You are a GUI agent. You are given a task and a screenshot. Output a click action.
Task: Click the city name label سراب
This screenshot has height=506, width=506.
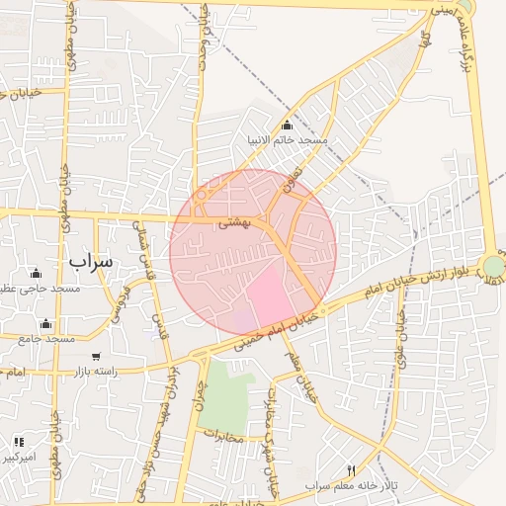tap(91, 260)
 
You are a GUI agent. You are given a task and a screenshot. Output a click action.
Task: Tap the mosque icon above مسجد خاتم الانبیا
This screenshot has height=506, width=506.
tap(287, 125)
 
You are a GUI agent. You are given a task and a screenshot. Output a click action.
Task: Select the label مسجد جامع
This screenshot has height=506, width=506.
tap(46, 339)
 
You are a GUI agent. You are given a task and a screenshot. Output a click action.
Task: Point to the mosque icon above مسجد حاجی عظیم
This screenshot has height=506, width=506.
tap(37, 273)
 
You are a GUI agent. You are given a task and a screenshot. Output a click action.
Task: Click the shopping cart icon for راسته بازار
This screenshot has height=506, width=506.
tap(96, 356)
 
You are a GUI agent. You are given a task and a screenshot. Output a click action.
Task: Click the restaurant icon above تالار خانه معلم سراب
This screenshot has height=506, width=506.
tap(351, 470)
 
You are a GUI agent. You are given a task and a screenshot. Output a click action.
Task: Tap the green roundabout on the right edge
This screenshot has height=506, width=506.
tap(493, 266)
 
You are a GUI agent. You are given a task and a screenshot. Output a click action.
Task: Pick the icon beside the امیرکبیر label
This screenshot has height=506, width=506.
tap(19, 442)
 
